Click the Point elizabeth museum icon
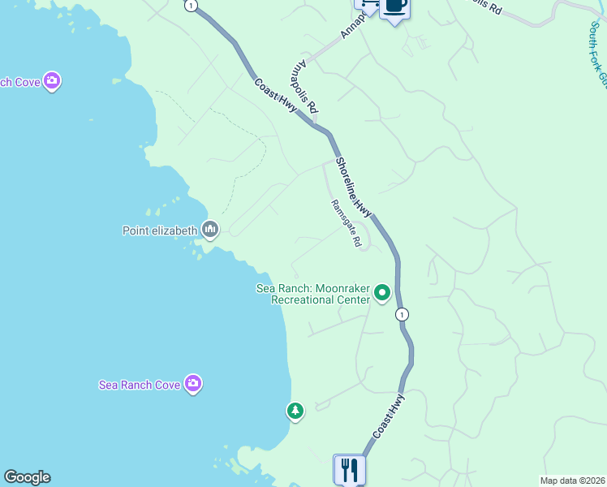coord(211,231)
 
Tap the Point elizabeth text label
coord(160,231)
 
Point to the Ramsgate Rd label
coord(346,225)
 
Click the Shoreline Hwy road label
coord(353,187)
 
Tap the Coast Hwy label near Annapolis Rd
coord(274,100)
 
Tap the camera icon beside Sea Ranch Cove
coord(192,383)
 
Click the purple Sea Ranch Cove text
coord(139,385)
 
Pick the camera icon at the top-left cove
coord(53,80)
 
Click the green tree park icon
coord(295,412)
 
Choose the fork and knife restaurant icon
coord(350,469)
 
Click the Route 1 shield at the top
coord(190,5)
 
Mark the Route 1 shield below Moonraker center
coord(402,314)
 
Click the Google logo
coord(27,478)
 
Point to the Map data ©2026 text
coord(573,481)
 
